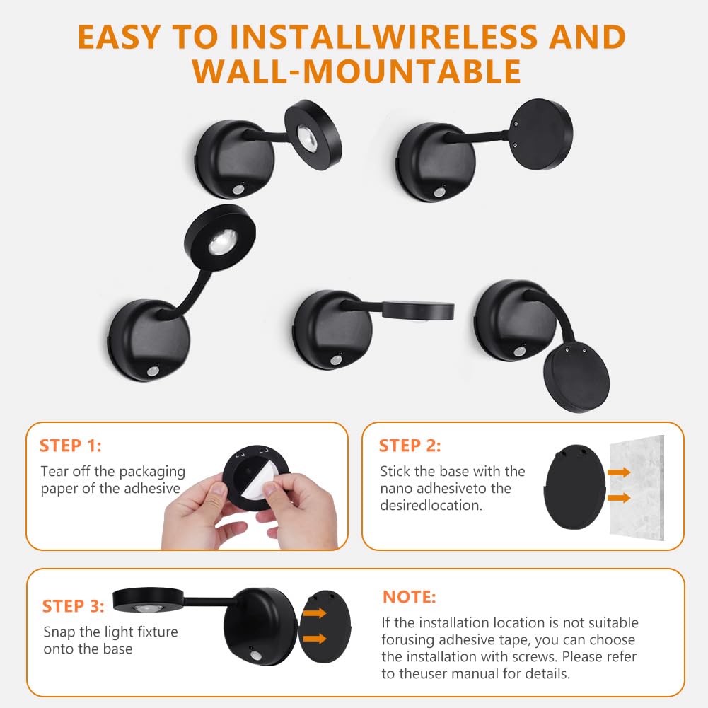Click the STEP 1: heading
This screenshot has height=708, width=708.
pos(71,446)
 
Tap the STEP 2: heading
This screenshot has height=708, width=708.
pos(410,446)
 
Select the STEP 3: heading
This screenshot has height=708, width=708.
pos(73,606)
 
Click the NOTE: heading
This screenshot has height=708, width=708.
pos(409,597)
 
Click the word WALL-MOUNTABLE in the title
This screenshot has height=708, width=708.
pos(356,71)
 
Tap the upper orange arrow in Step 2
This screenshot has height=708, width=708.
pos(619,472)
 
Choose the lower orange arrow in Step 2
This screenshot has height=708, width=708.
pos(619,498)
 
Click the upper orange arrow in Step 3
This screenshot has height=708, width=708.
pos(315,613)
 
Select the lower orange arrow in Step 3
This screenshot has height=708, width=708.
pos(315,638)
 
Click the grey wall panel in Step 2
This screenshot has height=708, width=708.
pos(637,487)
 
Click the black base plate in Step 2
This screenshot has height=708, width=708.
pos(575,487)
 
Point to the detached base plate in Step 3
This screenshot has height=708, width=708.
pos(325,627)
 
